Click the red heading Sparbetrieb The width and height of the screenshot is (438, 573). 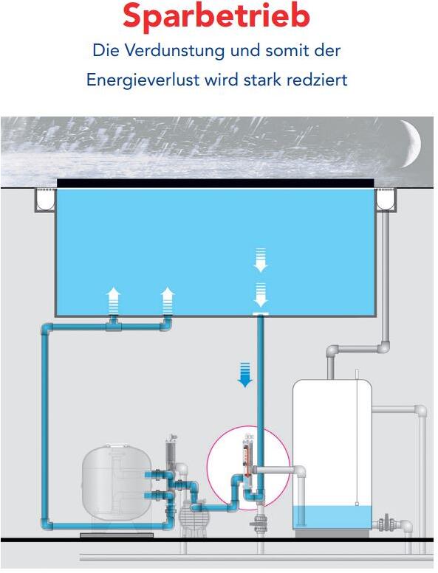click(x=216, y=16)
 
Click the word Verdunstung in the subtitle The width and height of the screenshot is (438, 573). click(x=174, y=50)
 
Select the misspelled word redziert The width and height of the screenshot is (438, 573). click(x=317, y=80)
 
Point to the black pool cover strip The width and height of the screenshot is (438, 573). click(x=216, y=184)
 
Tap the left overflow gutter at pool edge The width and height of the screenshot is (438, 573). click(x=45, y=200)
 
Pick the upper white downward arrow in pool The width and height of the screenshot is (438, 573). click(x=261, y=260)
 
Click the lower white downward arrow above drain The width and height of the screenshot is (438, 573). click(x=261, y=294)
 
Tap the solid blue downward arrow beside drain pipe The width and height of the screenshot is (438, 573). click(x=244, y=375)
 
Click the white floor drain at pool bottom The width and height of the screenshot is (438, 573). click(x=261, y=314)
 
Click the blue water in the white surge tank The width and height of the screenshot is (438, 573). click(x=332, y=517)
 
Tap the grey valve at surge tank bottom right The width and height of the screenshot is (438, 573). click(x=386, y=523)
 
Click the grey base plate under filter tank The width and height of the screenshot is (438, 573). click(x=117, y=535)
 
